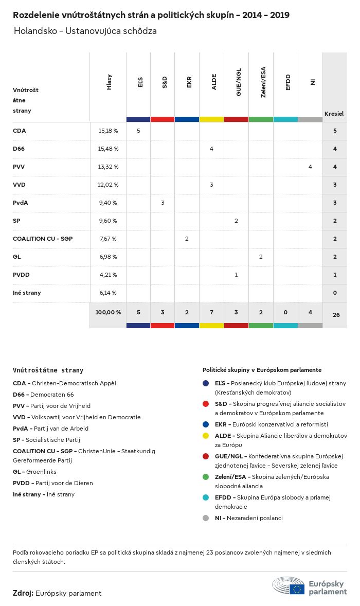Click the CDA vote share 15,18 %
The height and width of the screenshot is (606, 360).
tap(108, 131)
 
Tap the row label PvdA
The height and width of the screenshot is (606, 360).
tap(21, 203)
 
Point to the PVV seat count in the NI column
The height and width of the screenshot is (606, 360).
tap(310, 167)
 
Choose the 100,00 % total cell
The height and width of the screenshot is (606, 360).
tap(108, 312)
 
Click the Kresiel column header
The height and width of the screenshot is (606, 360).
tap(334, 113)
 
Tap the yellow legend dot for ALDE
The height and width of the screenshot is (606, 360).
tap(206, 436)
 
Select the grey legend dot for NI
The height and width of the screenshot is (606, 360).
tap(206, 518)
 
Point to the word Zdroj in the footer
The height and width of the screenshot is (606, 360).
tap(23, 593)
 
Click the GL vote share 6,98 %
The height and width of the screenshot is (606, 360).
tap(108, 257)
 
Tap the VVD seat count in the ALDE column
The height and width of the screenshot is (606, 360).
tap(211, 185)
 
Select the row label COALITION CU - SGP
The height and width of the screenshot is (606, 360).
tap(42, 239)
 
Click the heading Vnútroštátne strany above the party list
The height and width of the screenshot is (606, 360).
tap(48, 370)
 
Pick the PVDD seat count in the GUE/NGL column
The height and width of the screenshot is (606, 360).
tap(236, 275)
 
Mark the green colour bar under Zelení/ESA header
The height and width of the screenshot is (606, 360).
tap(261, 119)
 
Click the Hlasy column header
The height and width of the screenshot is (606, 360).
tap(109, 82)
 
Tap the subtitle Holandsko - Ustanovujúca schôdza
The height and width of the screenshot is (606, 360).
tap(85, 31)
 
